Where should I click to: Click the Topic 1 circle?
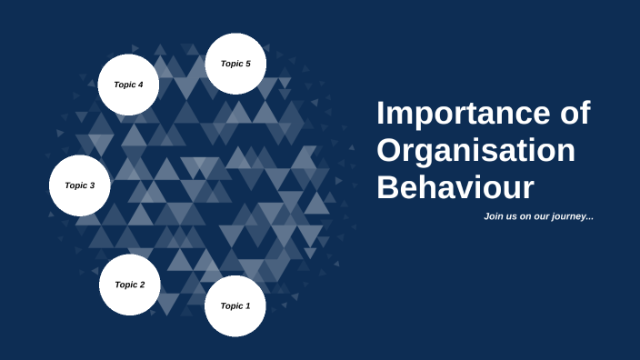(235, 306)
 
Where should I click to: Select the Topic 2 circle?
(130, 285)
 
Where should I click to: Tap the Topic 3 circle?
(79, 185)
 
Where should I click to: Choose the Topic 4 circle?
(128, 85)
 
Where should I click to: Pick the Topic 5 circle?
(235, 64)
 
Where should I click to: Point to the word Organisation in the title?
(475, 151)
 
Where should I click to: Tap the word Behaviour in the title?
(455, 187)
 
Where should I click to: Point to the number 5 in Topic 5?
(248, 64)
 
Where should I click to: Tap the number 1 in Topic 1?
(247, 306)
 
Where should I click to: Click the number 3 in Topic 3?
(92, 185)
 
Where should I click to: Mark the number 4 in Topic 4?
(141, 85)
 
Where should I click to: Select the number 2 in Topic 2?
(142, 285)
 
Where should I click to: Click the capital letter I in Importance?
(382, 115)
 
